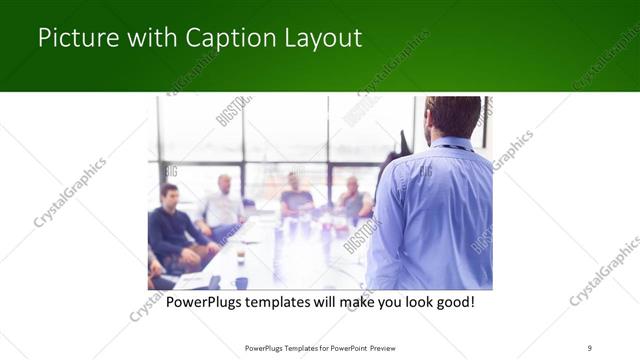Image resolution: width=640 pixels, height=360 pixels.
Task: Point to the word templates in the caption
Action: [x=291, y=301]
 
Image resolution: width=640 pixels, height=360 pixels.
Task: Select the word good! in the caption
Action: [x=451, y=301]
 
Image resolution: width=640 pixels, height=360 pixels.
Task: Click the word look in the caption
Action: [x=404, y=301]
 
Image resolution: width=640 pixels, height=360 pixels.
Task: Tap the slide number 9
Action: [x=590, y=347]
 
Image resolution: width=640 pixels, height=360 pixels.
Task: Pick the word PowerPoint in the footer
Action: [x=343, y=347]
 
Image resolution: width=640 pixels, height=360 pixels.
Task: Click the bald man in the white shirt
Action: [x=222, y=206]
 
